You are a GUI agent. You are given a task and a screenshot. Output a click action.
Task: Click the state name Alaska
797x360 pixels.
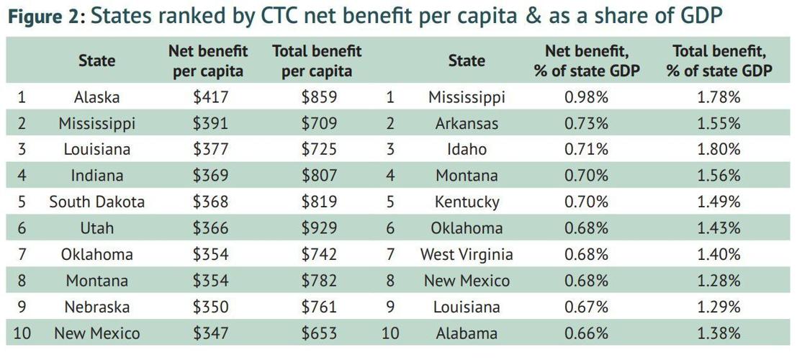96,97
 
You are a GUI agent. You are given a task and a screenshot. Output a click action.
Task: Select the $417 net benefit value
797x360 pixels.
210,97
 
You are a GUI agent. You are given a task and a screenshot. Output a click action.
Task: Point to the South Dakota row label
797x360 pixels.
96,202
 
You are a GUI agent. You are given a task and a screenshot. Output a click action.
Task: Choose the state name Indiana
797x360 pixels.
96,175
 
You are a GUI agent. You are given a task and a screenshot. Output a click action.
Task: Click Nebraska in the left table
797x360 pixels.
96,307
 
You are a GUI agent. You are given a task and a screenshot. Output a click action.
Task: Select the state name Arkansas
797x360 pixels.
466,123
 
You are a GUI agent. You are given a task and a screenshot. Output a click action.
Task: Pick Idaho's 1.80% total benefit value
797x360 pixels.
718,149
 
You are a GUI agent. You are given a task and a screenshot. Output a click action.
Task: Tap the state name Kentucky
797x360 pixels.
466,202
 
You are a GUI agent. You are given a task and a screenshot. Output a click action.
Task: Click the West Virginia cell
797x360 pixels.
466,254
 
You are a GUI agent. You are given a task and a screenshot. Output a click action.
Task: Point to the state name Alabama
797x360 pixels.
466,333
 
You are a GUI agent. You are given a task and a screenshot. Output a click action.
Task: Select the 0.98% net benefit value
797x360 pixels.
586,97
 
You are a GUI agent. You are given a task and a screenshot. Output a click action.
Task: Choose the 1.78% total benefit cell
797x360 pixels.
718,97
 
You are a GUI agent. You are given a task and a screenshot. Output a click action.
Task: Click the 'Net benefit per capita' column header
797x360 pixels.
207,61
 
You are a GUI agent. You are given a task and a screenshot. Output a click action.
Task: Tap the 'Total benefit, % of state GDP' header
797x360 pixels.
719,61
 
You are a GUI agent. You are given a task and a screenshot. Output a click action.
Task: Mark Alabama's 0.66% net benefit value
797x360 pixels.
586,333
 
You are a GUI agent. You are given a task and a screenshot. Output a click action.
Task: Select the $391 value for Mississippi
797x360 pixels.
210,123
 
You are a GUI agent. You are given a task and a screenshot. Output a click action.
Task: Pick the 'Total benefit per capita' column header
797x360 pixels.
317,61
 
